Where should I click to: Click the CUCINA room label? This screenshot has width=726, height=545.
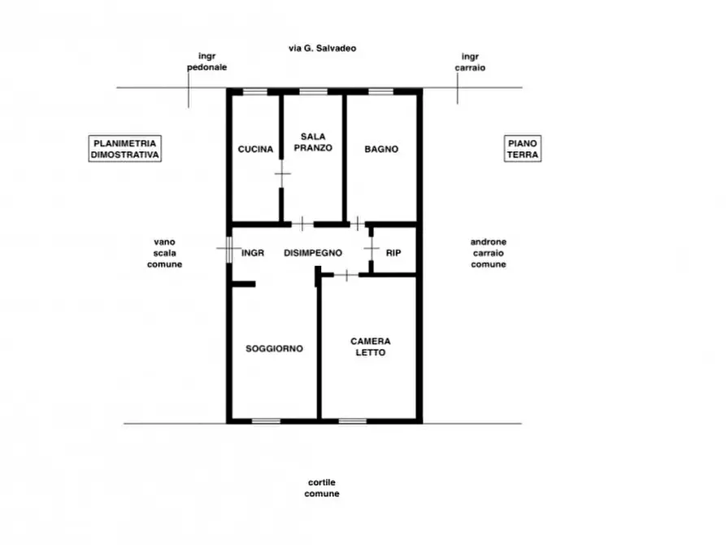255,149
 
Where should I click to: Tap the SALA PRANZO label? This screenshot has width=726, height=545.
313,142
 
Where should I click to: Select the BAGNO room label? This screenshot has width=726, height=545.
381,149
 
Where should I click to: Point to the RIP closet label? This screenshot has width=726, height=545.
393,253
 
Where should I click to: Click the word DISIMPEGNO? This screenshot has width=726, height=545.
313,253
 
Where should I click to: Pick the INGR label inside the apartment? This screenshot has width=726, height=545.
253,253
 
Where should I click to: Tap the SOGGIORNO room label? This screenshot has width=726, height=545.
274,348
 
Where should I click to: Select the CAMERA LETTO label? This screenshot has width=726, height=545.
371,347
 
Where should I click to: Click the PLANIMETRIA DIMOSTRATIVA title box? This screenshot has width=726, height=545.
125,149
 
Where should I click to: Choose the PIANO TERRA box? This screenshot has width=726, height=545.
522,149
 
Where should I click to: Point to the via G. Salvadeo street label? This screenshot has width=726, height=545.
322,48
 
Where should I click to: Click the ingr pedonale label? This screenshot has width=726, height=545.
207,62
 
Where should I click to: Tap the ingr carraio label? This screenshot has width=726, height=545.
470,62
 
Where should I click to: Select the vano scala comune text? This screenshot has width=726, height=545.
164,253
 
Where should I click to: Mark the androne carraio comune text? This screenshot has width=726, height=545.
489,253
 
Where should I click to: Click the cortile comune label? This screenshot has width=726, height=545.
322,488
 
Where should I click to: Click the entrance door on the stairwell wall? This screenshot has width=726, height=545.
228,250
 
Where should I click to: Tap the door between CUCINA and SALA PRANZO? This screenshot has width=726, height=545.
282,174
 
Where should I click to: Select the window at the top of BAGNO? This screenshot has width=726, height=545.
380,91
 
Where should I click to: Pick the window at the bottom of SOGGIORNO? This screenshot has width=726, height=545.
266,421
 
